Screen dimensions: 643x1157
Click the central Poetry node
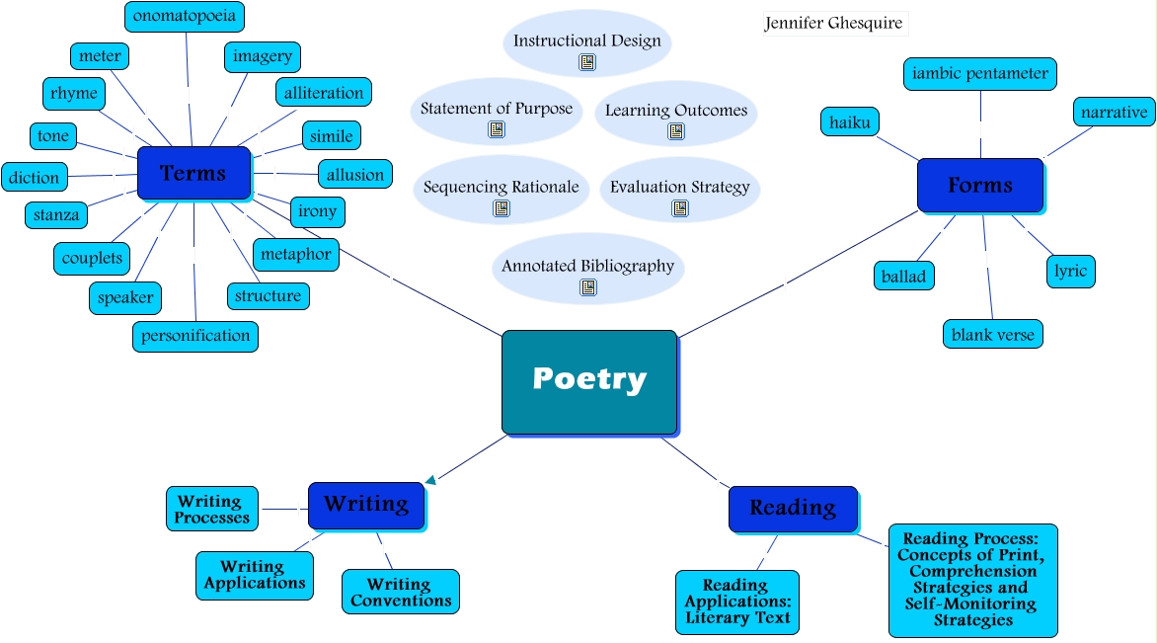point(589,381)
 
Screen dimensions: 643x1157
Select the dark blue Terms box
point(193,173)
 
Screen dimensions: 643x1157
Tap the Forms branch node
point(979,185)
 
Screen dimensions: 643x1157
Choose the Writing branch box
point(365,505)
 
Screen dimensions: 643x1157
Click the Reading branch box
point(792,509)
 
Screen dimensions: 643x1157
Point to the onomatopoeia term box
point(185,17)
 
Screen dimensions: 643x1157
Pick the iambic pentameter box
point(980,74)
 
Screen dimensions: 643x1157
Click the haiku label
point(849,121)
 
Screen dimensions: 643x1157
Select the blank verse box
point(992,334)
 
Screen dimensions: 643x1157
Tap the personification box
point(195,336)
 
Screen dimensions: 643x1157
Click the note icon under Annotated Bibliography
point(588,287)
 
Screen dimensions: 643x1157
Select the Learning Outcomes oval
point(676,112)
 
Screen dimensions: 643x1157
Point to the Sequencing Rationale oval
point(501,188)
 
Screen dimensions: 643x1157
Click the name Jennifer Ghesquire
point(834,23)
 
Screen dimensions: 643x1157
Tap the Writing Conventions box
point(400,592)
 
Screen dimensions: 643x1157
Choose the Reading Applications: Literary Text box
point(737,602)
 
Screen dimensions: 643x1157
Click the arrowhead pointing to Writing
point(429,481)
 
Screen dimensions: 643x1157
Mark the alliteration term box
point(323,93)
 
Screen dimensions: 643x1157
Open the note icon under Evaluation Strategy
point(680,208)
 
